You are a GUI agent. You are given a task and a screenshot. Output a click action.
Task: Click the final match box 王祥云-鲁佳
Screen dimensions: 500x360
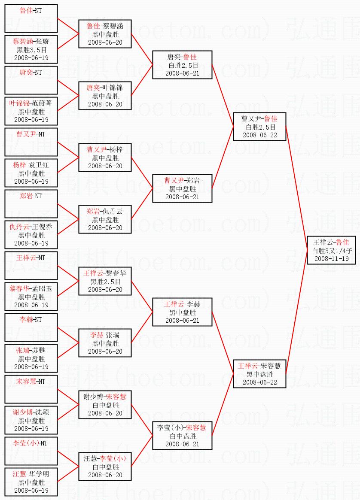pyautogui.click(x=331, y=251)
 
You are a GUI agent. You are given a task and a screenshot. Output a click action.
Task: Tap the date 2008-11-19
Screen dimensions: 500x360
pyautogui.click(x=331, y=259)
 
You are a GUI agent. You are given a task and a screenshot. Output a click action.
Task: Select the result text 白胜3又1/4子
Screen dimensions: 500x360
pyautogui.click(x=331, y=251)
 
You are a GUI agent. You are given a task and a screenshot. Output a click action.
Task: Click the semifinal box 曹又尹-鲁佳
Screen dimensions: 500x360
pyautogui.click(x=259, y=127)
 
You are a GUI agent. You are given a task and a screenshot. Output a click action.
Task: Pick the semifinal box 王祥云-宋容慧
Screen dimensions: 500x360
pyautogui.click(x=259, y=374)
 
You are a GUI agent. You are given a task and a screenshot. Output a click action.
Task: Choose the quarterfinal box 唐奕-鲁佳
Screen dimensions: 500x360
pyautogui.click(x=182, y=65)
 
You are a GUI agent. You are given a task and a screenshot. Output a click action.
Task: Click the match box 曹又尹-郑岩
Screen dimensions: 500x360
pyautogui.click(x=182, y=188)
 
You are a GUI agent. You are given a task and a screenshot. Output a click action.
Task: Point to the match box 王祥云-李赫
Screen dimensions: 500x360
pyautogui.click(x=182, y=312)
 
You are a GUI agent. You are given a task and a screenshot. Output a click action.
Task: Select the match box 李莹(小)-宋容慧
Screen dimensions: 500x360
pyautogui.click(x=182, y=436)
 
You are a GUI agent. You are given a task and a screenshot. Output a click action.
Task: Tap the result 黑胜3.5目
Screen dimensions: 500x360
pyautogui.click(x=31, y=49)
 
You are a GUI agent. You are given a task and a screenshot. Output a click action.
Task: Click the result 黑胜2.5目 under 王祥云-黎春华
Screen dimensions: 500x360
pyautogui.click(x=105, y=281)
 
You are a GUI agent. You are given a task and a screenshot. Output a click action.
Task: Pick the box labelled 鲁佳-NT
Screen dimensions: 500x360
pyautogui.click(x=31, y=18)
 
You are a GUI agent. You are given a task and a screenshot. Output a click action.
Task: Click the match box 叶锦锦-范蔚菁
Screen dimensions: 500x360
pyautogui.click(x=31, y=111)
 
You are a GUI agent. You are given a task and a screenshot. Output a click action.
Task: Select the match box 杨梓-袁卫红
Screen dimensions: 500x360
pyautogui.click(x=31, y=173)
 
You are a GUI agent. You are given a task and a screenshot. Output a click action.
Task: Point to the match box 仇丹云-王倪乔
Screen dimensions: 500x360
pyautogui.click(x=31, y=235)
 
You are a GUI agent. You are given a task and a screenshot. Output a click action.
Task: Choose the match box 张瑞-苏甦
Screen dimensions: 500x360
pyautogui.click(x=31, y=358)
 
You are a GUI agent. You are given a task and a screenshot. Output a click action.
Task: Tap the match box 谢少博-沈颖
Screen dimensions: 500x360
pyautogui.click(x=31, y=420)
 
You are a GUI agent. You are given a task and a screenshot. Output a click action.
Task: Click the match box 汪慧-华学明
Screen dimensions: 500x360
pyautogui.click(x=31, y=482)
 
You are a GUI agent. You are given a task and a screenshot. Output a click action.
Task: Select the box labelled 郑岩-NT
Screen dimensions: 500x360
pyautogui.click(x=31, y=204)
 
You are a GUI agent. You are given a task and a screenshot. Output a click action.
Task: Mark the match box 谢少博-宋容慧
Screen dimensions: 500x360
pyautogui.click(x=105, y=405)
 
